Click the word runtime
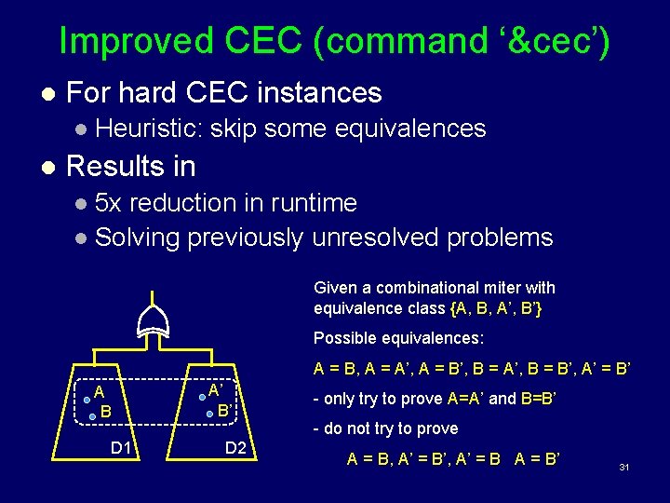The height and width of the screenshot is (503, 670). (312, 202)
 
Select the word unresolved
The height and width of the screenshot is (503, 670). (376, 238)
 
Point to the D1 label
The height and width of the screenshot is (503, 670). (121, 448)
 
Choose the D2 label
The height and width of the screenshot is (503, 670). (236, 448)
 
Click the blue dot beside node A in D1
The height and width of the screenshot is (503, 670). (87, 400)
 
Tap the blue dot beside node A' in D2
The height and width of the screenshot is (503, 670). (202, 396)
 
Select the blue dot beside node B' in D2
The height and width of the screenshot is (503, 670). (210, 414)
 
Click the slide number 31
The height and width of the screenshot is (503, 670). (624, 466)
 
